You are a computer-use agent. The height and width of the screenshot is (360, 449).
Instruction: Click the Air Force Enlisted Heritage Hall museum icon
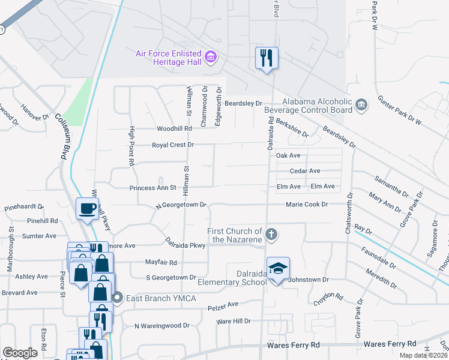click(x=211, y=58)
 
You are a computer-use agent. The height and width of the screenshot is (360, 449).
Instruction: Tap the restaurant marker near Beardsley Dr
click(x=267, y=58)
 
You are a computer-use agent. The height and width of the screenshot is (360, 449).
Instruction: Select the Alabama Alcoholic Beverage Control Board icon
click(x=361, y=106)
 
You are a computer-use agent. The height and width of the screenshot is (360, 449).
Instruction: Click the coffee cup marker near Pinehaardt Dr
click(x=88, y=208)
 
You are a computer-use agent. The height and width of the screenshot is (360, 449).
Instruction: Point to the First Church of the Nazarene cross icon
click(x=271, y=235)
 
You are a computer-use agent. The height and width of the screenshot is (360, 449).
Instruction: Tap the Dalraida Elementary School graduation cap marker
click(x=278, y=269)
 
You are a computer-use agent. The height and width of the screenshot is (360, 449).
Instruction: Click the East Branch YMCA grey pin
click(x=118, y=297)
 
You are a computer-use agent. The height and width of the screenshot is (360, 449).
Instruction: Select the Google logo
click(x=20, y=352)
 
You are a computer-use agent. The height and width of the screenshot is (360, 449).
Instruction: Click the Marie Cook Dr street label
click(x=307, y=205)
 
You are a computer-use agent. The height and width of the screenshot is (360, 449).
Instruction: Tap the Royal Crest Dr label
click(x=173, y=145)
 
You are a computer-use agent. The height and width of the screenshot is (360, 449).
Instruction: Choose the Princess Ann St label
click(x=152, y=188)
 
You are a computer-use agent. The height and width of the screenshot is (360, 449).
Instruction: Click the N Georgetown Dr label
click(x=181, y=205)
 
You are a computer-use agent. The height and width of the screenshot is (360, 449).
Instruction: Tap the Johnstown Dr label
click(x=309, y=280)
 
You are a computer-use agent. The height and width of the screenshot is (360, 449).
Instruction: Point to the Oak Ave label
click(x=288, y=155)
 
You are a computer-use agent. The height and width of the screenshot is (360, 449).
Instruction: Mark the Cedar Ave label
click(x=305, y=171)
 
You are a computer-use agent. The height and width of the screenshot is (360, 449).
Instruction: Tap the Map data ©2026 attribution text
click(x=423, y=355)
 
